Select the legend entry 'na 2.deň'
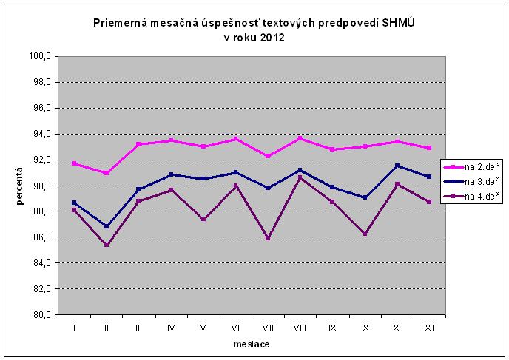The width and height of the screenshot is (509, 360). coord(471,166)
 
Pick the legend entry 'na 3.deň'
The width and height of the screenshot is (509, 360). coord(471,181)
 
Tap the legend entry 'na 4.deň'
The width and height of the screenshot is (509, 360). coord(471,196)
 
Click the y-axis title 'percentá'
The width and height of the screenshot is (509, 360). coord(21,186)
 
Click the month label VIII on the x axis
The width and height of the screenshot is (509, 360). coord(300,326)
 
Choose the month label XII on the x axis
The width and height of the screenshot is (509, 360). coord(430,326)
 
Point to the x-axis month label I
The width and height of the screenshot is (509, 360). coord(74,326)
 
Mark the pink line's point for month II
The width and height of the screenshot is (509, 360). coord(107,173)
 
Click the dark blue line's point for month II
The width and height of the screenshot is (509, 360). coord(107,226)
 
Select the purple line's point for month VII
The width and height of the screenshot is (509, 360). coord(268,238)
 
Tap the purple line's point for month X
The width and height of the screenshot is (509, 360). coord(365,234)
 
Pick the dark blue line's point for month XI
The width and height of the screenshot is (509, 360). coord(397,166)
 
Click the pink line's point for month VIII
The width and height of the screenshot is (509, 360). coord(300,138)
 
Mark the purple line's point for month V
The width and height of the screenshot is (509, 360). coord(203,219)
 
